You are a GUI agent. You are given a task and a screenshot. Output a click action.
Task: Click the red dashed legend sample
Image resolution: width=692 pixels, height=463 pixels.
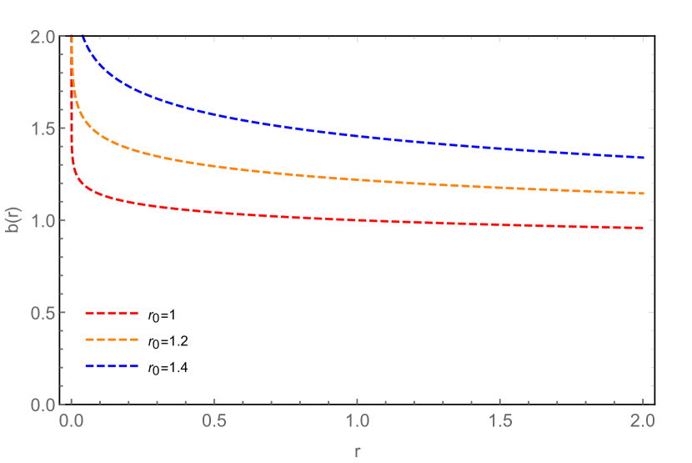(111, 313)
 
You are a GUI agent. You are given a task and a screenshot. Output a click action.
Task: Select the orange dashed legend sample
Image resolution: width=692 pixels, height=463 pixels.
(111, 340)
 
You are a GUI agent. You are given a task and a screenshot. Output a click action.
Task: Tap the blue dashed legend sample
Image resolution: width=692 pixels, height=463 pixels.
(111, 366)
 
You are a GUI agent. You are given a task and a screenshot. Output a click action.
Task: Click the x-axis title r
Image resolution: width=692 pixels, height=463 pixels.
(358, 451)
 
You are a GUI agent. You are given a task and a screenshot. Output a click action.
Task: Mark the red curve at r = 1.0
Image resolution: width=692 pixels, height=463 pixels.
(358, 220)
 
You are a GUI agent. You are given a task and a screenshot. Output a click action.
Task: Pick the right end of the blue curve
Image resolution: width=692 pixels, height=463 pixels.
(643, 158)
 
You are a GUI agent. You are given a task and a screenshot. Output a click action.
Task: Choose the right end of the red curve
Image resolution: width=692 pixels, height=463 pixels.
(643, 228)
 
